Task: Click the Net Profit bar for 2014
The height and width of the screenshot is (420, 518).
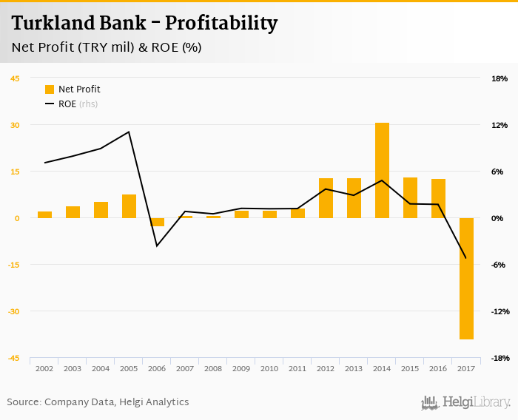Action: click(382, 170)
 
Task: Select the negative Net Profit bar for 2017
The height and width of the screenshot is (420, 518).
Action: click(466, 279)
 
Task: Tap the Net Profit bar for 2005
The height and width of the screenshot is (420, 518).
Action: click(129, 206)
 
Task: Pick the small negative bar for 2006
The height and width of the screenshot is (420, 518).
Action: click(157, 222)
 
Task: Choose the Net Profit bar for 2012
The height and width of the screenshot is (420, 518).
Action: click(326, 198)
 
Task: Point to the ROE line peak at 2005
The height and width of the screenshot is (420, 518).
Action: click(129, 132)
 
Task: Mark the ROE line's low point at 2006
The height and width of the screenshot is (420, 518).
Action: click(157, 245)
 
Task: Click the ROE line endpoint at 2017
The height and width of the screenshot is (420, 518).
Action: click(465, 258)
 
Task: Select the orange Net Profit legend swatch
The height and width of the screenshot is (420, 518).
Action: click(50, 89)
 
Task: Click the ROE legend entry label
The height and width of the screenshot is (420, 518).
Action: click(67, 104)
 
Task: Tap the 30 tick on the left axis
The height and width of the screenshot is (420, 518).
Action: click(15, 125)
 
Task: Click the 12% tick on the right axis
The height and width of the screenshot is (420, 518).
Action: click(499, 125)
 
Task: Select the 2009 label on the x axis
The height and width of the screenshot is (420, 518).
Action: click(241, 368)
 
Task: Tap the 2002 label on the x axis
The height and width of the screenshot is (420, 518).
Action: click(44, 368)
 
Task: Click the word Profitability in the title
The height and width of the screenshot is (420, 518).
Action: click(221, 24)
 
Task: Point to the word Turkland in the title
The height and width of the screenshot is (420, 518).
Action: click(47, 24)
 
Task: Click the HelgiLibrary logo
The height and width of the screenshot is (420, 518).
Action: click(465, 402)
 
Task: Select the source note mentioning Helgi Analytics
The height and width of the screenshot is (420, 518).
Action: click(98, 402)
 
